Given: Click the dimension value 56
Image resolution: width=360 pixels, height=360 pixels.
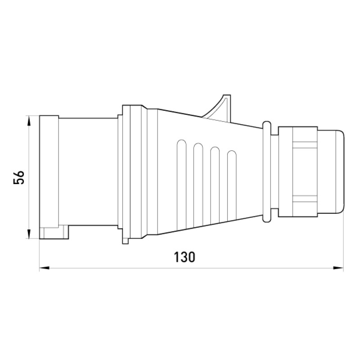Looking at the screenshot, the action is pos(19,177).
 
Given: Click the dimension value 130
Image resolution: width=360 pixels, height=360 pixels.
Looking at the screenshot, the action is pos(184,257).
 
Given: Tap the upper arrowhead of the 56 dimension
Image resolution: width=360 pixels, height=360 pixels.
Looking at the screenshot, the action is pos(29,121).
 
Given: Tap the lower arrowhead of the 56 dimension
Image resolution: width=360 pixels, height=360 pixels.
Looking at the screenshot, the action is pos(29,234).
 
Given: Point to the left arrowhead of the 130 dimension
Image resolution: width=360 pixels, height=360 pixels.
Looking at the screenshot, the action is pos(45,268).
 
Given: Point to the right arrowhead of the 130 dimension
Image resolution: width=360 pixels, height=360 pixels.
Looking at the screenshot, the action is pos(338,268).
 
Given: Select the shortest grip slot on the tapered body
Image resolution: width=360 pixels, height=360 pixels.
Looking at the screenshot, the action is pos(232,186).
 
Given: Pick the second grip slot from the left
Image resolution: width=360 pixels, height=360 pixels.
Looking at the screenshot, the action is pos(198,185).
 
